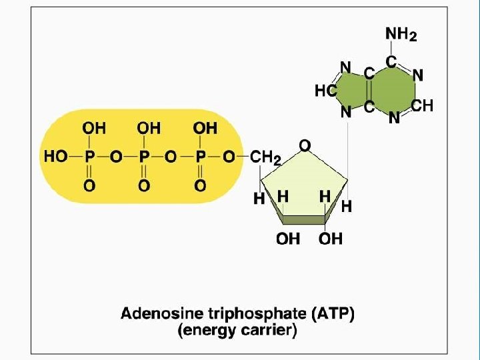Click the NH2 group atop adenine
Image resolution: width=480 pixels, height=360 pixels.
401,34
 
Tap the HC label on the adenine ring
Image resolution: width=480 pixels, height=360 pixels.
325,91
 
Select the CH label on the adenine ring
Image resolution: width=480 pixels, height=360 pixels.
422,106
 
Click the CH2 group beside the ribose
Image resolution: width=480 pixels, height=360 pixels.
265,158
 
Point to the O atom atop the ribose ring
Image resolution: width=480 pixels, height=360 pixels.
304,144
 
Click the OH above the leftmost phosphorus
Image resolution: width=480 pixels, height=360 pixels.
93,127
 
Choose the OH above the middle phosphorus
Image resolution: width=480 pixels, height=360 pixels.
149,127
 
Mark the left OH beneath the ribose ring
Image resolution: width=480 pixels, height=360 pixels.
288,239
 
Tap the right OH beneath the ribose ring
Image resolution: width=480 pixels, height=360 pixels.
330,239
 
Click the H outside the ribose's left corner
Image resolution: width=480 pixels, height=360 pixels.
259,198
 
